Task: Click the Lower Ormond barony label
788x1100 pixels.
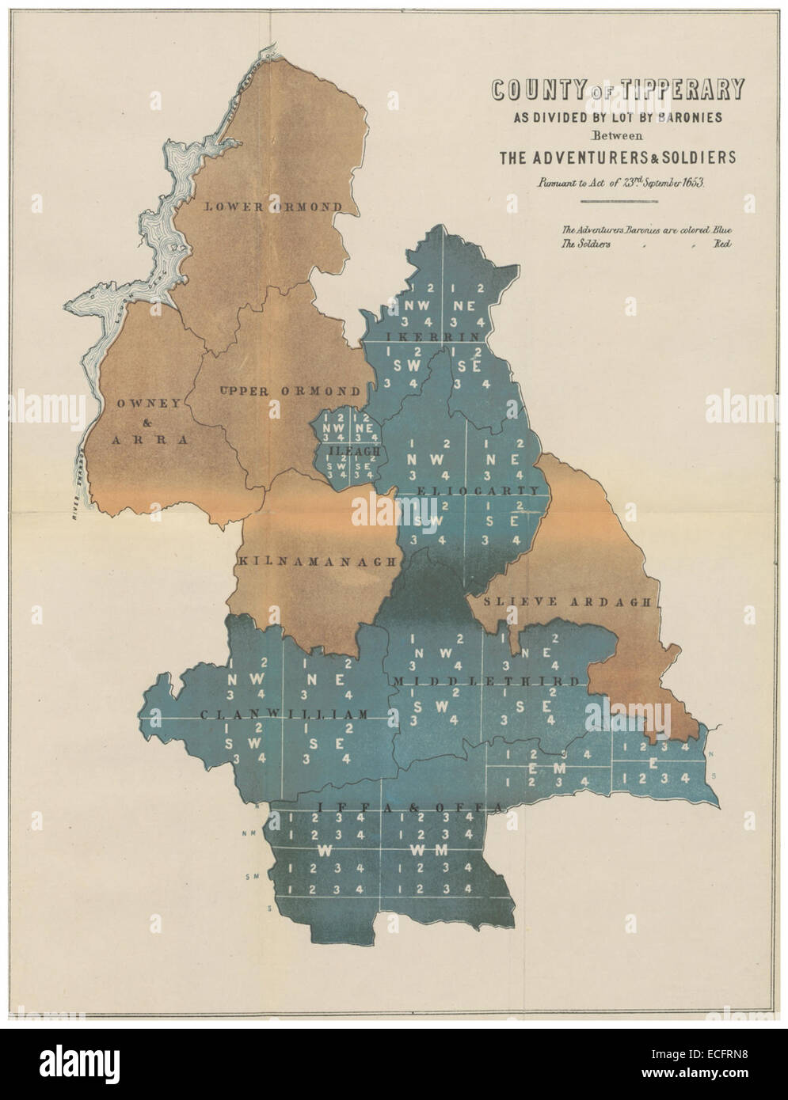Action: pyautogui.click(x=274, y=207)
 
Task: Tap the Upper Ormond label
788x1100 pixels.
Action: pyautogui.click(x=290, y=391)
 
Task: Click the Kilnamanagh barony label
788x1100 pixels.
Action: pyautogui.click(x=316, y=561)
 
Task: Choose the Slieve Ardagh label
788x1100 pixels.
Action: pyautogui.click(x=570, y=602)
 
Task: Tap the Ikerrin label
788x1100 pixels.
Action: pyautogui.click(x=432, y=336)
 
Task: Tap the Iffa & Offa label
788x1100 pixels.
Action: pyautogui.click(x=411, y=806)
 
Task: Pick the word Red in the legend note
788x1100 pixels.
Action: pyautogui.click(x=721, y=245)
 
